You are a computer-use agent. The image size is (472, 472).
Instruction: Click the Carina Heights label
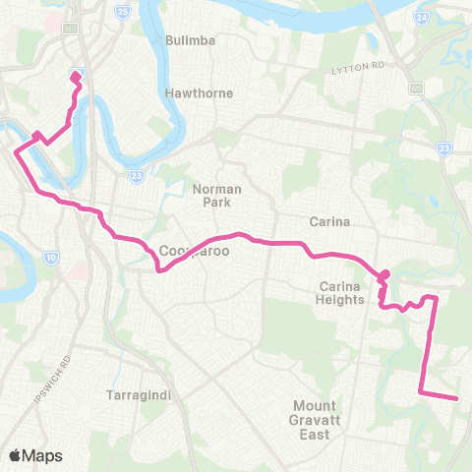click(341, 292)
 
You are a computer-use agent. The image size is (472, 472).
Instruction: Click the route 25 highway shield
click(122, 12)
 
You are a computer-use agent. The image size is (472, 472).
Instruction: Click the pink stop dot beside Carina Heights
click(384, 274)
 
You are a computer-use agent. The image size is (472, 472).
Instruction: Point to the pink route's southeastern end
click(457, 398)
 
